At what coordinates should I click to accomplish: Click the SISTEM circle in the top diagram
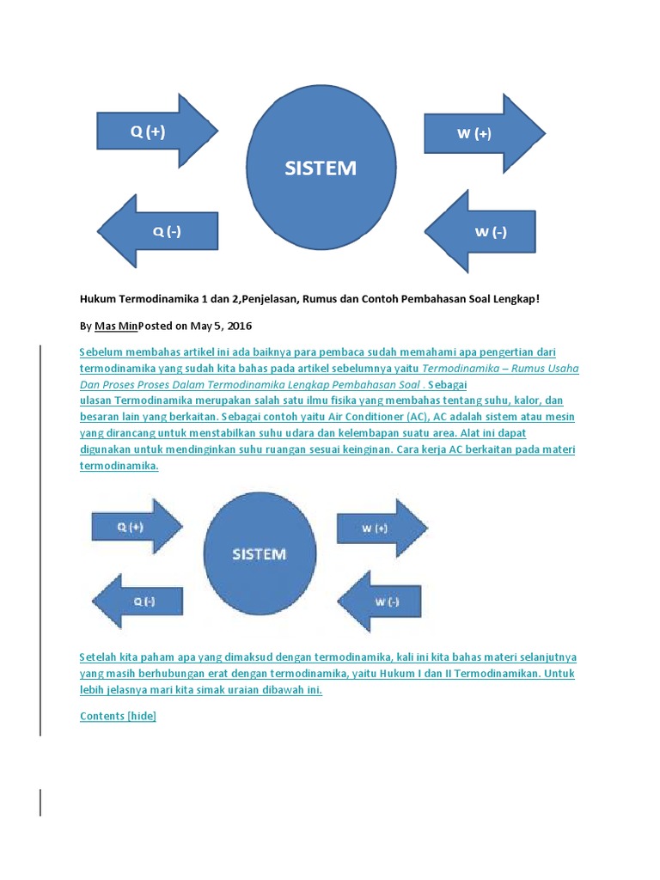tap(321, 168)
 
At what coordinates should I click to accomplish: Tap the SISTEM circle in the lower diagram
tap(259, 553)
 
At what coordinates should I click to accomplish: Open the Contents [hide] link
tap(118, 716)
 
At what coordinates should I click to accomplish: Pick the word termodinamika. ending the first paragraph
tap(119, 466)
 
